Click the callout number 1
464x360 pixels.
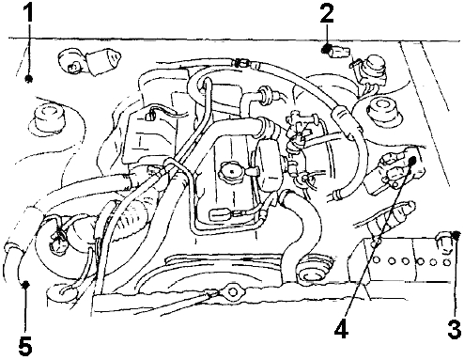29,13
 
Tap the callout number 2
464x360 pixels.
327,13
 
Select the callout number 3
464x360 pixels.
455,329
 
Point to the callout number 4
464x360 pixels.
341,329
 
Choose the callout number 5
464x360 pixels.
25,346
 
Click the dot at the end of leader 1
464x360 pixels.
29,79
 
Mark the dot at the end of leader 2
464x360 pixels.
327,49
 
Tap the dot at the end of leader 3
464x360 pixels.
456,234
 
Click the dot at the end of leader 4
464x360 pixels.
412,161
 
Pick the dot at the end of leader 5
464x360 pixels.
25,284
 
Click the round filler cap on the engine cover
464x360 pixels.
232,171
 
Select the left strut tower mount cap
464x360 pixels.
47,120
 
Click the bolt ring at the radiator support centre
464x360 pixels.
233,292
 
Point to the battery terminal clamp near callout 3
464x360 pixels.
444,242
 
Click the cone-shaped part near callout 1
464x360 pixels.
104,62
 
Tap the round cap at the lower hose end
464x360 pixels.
310,271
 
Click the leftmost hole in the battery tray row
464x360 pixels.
377,259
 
